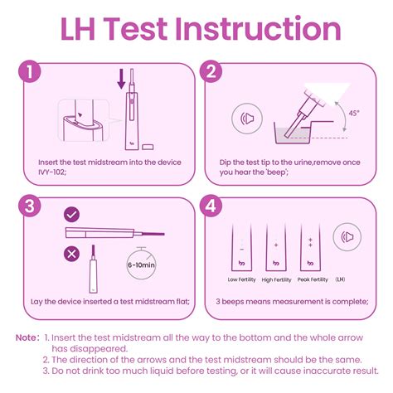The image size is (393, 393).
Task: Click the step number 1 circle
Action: pos(32,72)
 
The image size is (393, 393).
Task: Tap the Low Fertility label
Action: pos(240,279)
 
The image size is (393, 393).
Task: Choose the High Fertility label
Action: pos(277,279)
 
